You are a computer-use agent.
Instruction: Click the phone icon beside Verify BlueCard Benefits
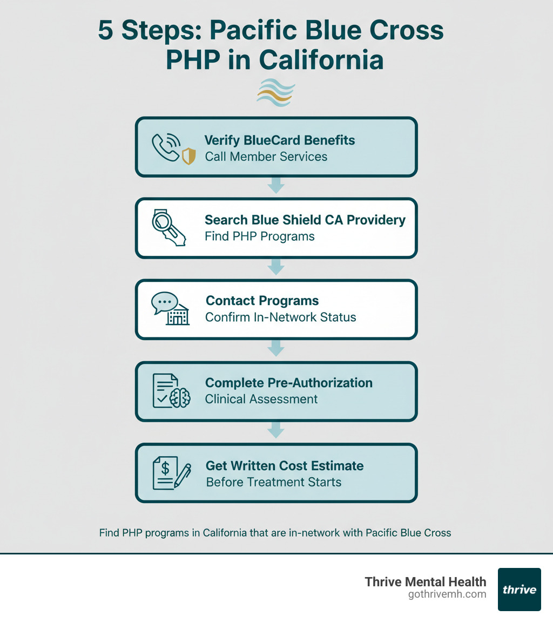coord(164,146)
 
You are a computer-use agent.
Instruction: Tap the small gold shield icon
coord(188,157)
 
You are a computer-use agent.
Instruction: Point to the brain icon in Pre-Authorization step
coord(180,398)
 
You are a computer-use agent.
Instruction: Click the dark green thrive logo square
coord(519,589)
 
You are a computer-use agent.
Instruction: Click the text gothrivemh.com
coord(447,594)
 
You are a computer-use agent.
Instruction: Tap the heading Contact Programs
coord(262,301)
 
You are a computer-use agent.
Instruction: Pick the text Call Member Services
coord(266,157)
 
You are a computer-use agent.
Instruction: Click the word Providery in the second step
coord(377,220)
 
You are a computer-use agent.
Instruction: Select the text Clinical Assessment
coord(261,399)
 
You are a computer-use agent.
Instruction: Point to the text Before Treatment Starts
coord(274,482)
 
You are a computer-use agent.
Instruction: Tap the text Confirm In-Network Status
coord(281,317)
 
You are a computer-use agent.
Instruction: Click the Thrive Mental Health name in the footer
coord(426,581)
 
